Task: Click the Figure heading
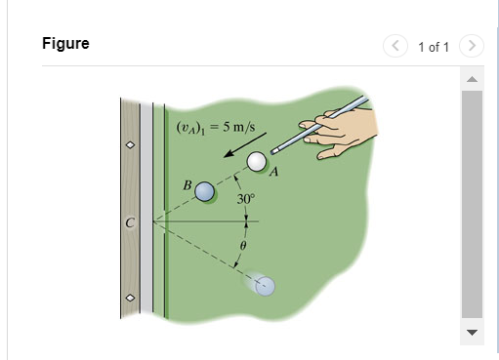click(65, 45)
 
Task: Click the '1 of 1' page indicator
click(433, 46)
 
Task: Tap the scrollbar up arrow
click(473, 78)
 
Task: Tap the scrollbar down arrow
click(473, 333)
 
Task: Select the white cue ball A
click(257, 162)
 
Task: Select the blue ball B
click(204, 191)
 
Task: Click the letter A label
click(273, 174)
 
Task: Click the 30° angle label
click(245, 200)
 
